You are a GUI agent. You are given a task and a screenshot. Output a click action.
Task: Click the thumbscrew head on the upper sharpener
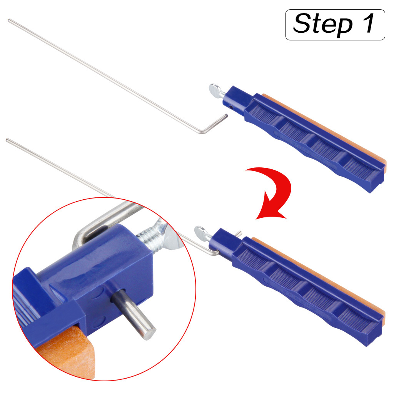pos(214,89)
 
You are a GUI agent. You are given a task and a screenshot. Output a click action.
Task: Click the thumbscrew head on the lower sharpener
pos(200,232)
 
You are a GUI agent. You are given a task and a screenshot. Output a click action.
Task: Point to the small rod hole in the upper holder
pos(231,107)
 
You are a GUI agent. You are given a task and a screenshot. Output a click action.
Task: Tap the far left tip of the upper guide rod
pos(9,20)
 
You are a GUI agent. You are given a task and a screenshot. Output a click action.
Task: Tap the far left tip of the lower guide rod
pos(7,139)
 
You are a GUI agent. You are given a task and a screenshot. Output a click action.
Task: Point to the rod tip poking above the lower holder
pos(239,233)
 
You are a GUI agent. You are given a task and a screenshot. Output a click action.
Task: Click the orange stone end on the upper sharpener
pos(384,166)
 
